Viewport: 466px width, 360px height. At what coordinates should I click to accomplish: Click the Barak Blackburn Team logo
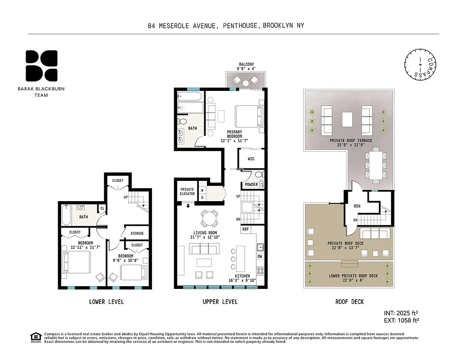41,65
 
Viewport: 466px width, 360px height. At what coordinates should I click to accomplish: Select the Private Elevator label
187,191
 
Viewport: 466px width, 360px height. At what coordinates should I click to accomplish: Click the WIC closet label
251,159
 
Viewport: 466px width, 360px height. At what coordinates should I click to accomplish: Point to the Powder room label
251,184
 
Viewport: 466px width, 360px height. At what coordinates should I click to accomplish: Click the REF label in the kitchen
246,229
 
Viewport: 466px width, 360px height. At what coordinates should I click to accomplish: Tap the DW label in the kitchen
260,257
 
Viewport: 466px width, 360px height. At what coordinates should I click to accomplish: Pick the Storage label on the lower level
137,233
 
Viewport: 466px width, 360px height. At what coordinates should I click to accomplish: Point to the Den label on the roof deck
357,206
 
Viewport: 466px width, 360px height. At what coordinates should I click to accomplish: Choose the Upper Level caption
220,301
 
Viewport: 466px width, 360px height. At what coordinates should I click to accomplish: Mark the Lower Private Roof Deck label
353,276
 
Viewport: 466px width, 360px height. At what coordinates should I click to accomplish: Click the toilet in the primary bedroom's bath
182,121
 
